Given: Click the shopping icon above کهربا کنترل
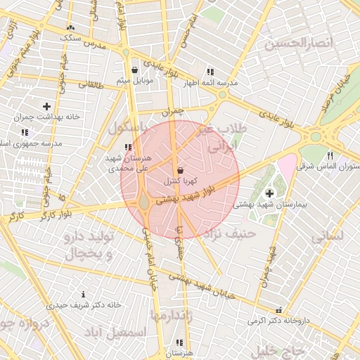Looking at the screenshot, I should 181,171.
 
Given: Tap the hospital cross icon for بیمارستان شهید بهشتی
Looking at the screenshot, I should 269,193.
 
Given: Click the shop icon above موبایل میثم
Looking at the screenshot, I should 134,70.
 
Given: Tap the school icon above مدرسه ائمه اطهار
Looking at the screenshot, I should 210,71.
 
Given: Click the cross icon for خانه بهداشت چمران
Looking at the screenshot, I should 46,106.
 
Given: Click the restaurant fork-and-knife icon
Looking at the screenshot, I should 330,155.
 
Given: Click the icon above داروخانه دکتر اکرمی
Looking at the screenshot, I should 279,309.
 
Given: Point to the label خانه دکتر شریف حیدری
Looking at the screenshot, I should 84,305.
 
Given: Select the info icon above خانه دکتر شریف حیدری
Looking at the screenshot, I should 84,294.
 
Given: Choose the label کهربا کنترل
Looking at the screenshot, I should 181,181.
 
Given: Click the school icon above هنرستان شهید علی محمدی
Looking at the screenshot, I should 127,147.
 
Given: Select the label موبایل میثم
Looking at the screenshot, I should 134,82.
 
